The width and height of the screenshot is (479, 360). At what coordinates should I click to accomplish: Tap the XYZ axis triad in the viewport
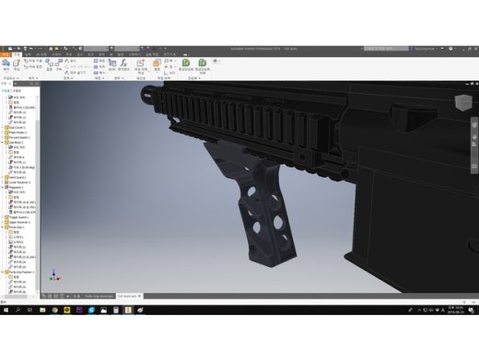[x=53, y=275]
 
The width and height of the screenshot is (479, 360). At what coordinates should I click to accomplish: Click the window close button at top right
[x=472, y=44]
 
